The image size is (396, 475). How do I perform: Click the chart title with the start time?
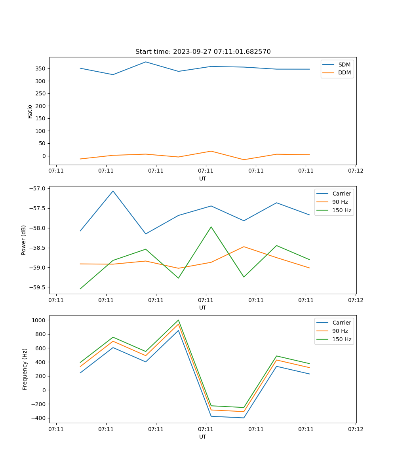pyautogui.click(x=203, y=52)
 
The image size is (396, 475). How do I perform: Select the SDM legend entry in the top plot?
pyautogui.click(x=344, y=65)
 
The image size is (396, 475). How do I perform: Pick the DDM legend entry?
pyautogui.click(x=344, y=73)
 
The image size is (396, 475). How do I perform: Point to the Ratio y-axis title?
pyautogui.click(x=30, y=111)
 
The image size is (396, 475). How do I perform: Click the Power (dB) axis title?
pyautogui.click(x=24, y=240)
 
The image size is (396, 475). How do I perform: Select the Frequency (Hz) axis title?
pyautogui.click(x=25, y=369)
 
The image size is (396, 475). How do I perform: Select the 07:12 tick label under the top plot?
pyautogui.click(x=355, y=171)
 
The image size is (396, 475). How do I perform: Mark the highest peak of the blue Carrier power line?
pyautogui.click(x=113, y=191)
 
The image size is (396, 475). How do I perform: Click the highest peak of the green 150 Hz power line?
pyautogui.click(x=211, y=227)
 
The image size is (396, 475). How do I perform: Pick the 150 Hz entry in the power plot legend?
pyautogui.click(x=341, y=210)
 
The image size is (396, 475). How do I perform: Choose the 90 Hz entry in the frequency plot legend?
pyautogui.click(x=340, y=331)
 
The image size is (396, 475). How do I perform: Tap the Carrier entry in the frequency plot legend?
pyautogui.click(x=341, y=323)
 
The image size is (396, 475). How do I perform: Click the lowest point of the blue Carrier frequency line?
pyautogui.click(x=244, y=418)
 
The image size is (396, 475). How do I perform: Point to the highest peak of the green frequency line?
pyautogui.click(x=178, y=320)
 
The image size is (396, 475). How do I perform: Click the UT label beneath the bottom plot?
pyautogui.click(x=203, y=437)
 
